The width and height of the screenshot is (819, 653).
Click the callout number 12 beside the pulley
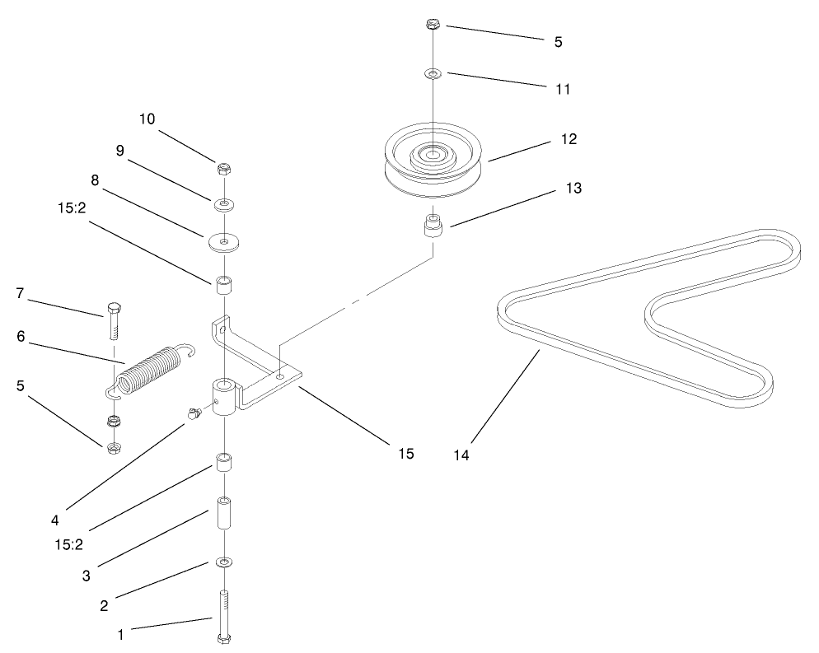[x=568, y=139]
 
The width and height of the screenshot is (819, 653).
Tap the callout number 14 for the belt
[x=461, y=455]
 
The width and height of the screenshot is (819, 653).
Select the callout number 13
[x=573, y=189]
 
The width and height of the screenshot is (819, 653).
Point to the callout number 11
[x=563, y=88]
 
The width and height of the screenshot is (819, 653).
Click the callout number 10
[x=147, y=119]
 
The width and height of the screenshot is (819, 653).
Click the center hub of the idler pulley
[x=433, y=153]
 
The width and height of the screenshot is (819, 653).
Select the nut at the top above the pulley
[x=433, y=25]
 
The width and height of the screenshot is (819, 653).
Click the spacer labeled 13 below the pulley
[x=433, y=225]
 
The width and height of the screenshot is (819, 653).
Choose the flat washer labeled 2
[x=223, y=562]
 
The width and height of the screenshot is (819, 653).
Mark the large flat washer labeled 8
[x=223, y=241]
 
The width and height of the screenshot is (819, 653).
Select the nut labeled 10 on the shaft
[x=222, y=169]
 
